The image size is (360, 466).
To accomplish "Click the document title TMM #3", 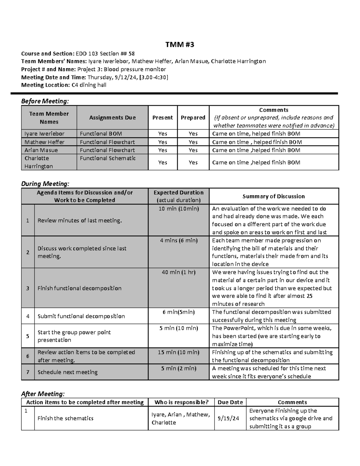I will pyautogui.click(x=180, y=45).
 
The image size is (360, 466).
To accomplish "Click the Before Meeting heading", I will pyautogui.click(x=45, y=101).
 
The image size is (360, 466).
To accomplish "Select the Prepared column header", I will pyautogui.click(x=193, y=118).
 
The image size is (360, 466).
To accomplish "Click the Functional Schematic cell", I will pyautogui.click(x=108, y=158).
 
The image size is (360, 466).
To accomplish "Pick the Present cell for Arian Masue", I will pyautogui.click(x=163, y=150).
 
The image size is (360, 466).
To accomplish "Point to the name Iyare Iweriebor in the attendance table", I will pyautogui.click(x=44, y=134).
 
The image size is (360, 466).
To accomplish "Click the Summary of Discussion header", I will pyautogui.click(x=274, y=196).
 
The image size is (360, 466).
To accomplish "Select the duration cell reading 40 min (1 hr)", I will pyautogui.click(x=178, y=272).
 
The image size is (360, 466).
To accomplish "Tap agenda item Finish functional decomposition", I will pyautogui.click(x=79, y=288).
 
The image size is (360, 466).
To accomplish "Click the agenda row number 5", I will pyautogui.click(x=28, y=336).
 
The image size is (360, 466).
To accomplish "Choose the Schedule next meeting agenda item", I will pyautogui.click(x=67, y=372).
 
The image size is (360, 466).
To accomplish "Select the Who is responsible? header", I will pyautogui.click(x=181, y=402).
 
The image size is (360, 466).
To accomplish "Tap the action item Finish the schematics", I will pyautogui.click(x=65, y=418).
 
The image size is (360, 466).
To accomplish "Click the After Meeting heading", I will pyautogui.click(x=43, y=394).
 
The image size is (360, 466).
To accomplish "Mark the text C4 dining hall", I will pyautogui.click(x=89, y=85).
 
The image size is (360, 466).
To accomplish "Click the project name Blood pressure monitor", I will pyautogui.click(x=135, y=69).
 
